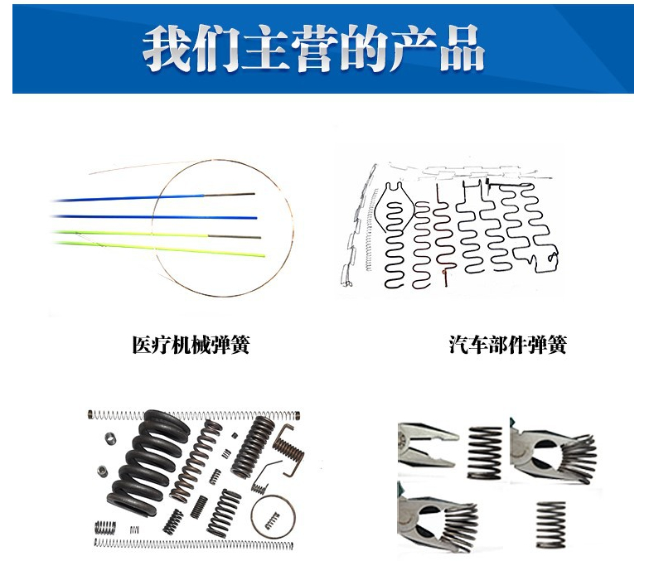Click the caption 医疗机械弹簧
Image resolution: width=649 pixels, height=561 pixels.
pyautogui.click(x=191, y=345)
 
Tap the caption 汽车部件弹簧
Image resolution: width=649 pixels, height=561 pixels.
pyautogui.click(x=507, y=345)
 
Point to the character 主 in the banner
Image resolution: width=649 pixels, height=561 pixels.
pyautogui.click(x=263, y=48)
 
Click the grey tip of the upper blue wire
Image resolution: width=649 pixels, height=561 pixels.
pyautogui.click(x=240, y=195)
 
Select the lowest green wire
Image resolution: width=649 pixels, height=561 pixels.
pyautogui.click(x=166, y=248)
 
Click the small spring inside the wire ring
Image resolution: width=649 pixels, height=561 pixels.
pyautogui.click(x=271, y=520)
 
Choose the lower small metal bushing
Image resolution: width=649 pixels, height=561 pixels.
pyautogui.click(x=102, y=472)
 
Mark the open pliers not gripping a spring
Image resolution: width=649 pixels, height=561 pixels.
pyautogui.click(x=424, y=443)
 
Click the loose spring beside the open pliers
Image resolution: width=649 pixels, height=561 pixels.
pyautogui.click(x=484, y=452)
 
